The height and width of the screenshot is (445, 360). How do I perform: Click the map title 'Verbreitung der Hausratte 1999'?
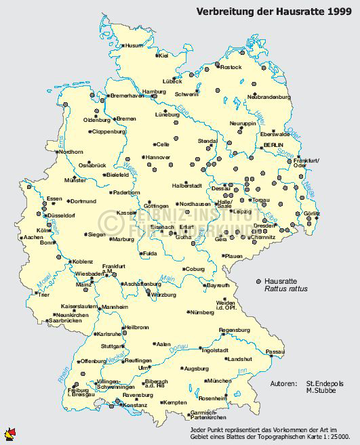(x=274, y=11)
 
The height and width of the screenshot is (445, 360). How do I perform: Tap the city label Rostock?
(x=231, y=67)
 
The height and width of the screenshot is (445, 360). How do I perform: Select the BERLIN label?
(x=274, y=146)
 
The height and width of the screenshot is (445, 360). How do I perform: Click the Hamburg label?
(x=154, y=91)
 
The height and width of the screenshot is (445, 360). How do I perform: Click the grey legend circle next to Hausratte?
(x=258, y=280)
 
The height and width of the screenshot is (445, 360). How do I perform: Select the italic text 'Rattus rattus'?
(x=286, y=289)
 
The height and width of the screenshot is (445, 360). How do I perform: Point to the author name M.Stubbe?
(x=322, y=391)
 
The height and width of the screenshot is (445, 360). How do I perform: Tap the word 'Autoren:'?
(x=283, y=383)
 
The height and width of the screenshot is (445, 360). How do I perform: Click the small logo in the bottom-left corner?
(x=9, y=433)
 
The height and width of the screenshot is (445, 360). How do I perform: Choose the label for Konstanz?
(x=134, y=405)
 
